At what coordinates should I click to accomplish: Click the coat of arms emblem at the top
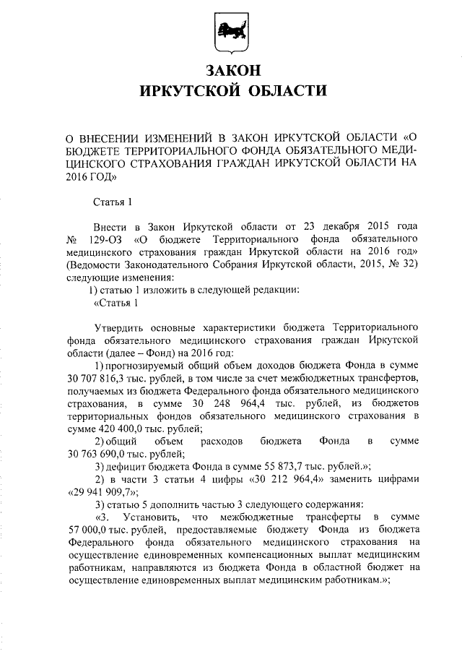[x=230, y=32]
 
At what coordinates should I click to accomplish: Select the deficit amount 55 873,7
[x=268, y=468]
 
